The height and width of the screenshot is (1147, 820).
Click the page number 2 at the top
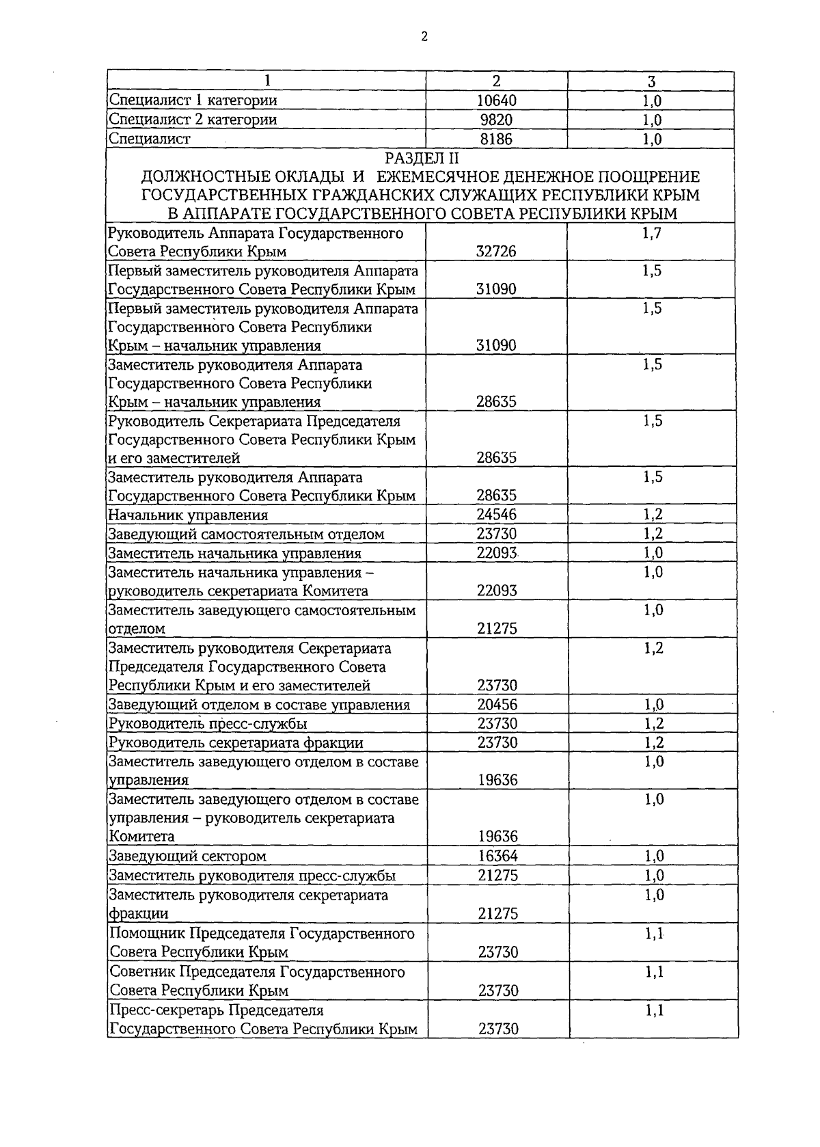click(x=424, y=37)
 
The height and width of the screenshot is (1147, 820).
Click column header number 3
click(x=651, y=81)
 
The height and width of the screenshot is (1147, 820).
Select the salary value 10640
click(x=497, y=100)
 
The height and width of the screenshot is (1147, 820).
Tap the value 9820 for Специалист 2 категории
click(x=497, y=120)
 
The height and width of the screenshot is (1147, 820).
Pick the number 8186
click(x=497, y=139)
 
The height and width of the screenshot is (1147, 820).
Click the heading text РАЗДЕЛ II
click(x=424, y=159)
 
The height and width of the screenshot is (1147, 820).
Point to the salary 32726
click(x=496, y=251)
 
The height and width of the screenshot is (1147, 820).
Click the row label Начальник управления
click(x=189, y=515)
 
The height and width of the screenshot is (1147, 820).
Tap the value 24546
click(x=497, y=514)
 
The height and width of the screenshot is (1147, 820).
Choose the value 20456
click(x=497, y=705)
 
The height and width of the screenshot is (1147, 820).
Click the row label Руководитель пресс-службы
click(x=208, y=723)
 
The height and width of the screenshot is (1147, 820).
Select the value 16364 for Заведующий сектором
click(x=497, y=856)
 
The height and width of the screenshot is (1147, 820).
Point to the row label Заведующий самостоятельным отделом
click(x=247, y=534)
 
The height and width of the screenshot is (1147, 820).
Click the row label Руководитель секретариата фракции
click(x=236, y=742)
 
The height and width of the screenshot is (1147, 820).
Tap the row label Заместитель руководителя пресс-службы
click(x=252, y=876)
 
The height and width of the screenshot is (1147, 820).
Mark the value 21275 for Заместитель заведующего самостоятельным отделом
click(x=497, y=628)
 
